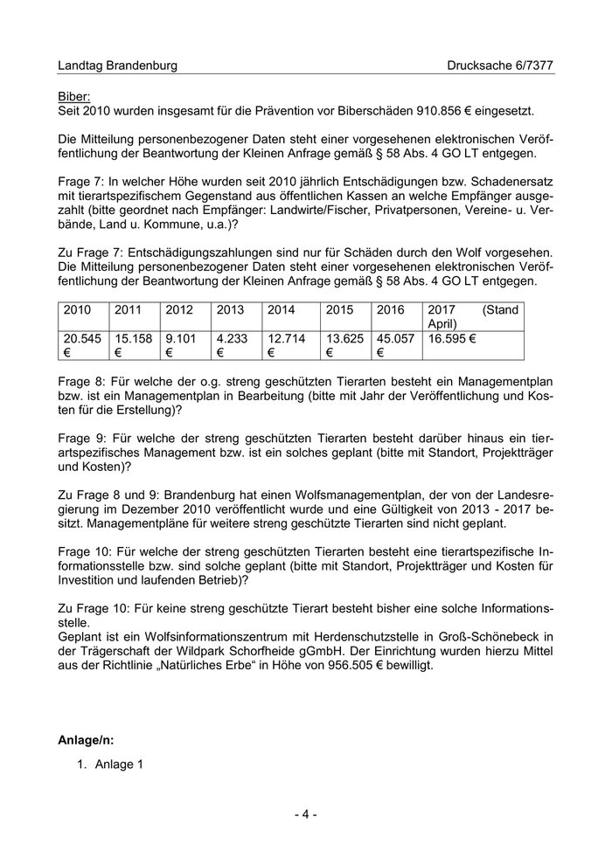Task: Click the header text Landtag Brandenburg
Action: pyautogui.click(x=117, y=66)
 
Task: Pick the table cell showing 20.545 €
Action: pyautogui.click(x=82, y=345)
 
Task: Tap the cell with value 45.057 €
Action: pyautogui.click(x=396, y=345)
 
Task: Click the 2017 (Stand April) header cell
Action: pyautogui.click(x=472, y=317)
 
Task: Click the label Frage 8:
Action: pyautogui.click(x=81, y=382)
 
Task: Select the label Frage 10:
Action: pyautogui.click(x=85, y=553)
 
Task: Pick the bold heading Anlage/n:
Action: pyautogui.click(x=86, y=739)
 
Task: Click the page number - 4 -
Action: pyautogui.click(x=305, y=815)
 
